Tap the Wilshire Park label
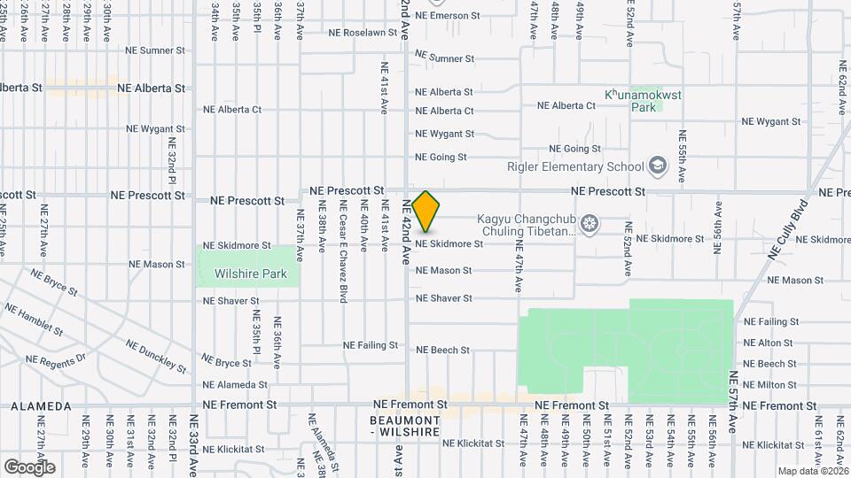point(251,274)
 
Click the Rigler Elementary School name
point(575,166)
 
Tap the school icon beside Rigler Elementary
point(657,166)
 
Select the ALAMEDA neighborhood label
point(41,406)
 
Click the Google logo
point(29,466)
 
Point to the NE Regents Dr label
point(55,359)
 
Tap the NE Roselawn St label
point(363,33)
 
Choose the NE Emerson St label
point(447,16)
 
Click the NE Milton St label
point(769,385)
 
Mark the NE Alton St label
point(768,343)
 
